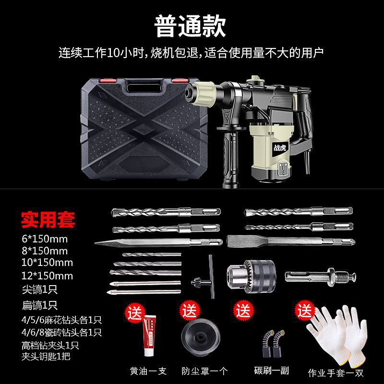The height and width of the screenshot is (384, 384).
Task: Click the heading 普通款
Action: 190,26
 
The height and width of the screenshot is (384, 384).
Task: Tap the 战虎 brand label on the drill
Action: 280,147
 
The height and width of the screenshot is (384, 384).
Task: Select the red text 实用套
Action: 48,220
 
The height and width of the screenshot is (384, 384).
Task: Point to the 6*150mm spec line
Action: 45,239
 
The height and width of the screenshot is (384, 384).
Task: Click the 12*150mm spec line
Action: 47,276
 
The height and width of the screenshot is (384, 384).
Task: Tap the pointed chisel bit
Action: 158,243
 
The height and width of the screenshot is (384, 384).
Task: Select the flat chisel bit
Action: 291,241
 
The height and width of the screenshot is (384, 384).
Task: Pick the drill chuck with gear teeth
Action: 251,276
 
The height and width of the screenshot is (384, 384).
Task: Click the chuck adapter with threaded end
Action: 320,277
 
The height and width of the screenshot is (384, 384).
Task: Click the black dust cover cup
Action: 201,336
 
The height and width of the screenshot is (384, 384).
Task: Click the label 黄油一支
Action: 148,371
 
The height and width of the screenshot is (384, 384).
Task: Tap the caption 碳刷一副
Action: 271,371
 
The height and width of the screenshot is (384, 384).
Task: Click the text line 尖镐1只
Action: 40,289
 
